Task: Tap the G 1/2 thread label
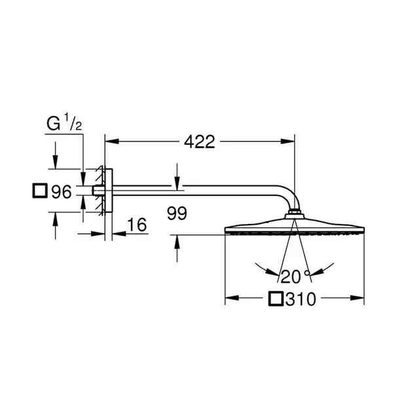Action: pyautogui.click(x=63, y=122)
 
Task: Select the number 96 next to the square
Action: pyautogui.click(x=61, y=192)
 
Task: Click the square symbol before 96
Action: pyautogui.click(x=40, y=192)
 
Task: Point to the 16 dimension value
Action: pyautogui.click(x=136, y=224)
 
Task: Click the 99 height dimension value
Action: pyautogui.click(x=178, y=213)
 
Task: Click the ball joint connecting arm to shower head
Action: pyautogui.click(x=295, y=213)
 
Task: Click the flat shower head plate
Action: pyautogui.click(x=294, y=230)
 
